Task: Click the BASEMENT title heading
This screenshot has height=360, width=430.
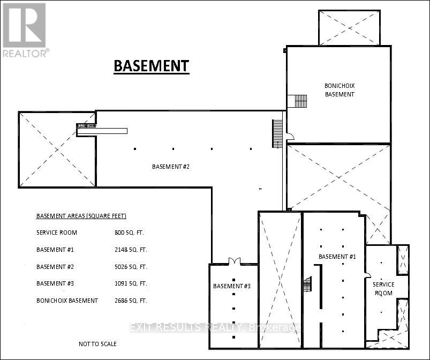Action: [x=152, y=66]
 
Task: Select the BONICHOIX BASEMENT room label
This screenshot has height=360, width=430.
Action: [x=340, y=90]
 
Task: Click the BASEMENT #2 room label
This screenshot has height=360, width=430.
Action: [x=171, y=167]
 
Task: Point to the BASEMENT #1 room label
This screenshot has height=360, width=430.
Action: [x=337, y=257]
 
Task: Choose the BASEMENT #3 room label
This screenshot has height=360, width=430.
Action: [x=232, y=286]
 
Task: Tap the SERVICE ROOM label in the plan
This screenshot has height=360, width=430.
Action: [x=383, y=289]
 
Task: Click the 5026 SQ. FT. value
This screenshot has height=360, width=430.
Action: [x=131, y=267]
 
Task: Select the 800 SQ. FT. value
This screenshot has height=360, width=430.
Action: [x=129, y=232]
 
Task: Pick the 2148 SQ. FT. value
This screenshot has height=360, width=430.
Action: [x=131, y=250]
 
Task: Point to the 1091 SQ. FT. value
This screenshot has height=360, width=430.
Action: [x=131, y=283]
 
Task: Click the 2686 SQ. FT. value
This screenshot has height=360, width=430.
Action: [x=131, y=301]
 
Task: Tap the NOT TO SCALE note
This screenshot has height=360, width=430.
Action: [x=97, y=344]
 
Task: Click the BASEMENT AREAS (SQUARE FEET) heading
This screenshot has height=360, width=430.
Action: [x=81, y=216]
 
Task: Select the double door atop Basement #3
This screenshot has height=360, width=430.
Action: [x=235, y=261]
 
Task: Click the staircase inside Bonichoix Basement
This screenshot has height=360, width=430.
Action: [x=301, y=101]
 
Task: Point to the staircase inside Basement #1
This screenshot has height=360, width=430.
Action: [x=308, y=284]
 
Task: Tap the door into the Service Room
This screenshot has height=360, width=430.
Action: [x=367, y=275]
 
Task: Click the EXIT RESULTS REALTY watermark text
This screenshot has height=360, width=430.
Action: [x=215, y=327]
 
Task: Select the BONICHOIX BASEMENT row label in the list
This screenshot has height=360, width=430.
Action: [x=67, y=301]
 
